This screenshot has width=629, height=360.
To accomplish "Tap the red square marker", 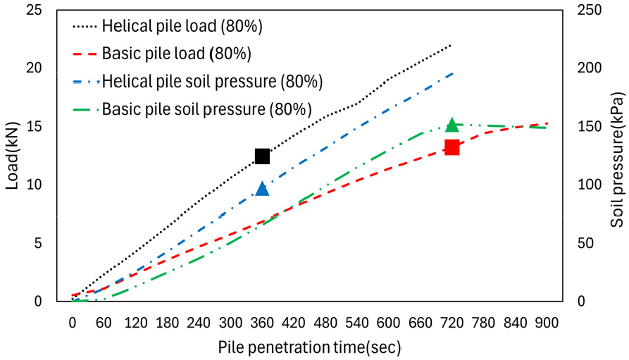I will point(452,147).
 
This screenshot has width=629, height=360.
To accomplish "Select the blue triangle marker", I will point(262,189).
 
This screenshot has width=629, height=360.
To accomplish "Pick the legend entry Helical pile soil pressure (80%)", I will point(212,81).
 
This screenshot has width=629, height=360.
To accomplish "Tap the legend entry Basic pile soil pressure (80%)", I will point(206,109).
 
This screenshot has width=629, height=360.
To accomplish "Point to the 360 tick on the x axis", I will point(262,322).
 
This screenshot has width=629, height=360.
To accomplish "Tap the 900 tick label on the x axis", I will point(547,322).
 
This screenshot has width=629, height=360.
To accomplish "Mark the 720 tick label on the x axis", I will point(452,322).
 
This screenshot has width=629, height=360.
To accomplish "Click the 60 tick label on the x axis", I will point(104,322).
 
